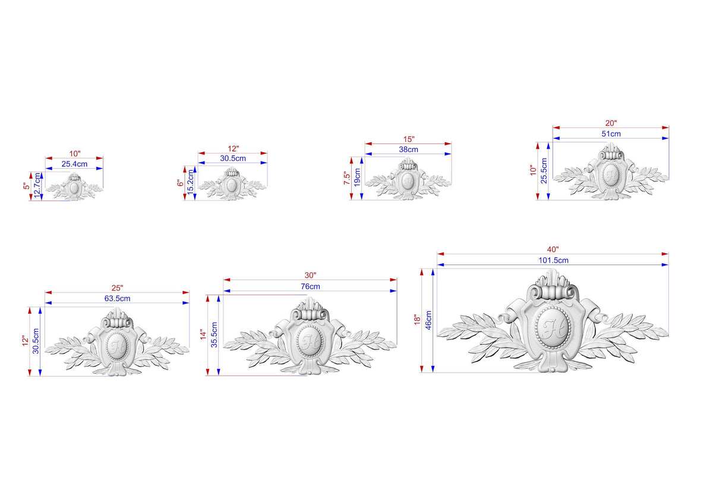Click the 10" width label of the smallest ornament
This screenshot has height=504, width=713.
75,154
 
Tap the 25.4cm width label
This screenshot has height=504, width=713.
74,164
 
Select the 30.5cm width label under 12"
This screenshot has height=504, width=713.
233,158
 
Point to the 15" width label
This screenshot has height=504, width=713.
409,140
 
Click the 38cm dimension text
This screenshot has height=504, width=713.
409,149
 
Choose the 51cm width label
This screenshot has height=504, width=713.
611,134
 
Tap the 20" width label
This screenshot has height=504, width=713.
611,123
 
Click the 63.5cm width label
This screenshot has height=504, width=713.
118,298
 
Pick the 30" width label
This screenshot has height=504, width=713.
311,275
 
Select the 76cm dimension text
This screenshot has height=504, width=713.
310,286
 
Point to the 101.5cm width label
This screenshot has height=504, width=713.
554,260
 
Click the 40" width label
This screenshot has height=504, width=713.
553,250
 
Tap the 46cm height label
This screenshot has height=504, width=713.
428,320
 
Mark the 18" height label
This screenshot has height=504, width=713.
417,320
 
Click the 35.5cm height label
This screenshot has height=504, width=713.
214,335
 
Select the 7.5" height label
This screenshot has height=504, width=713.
346,178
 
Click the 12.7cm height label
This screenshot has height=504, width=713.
37,185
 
